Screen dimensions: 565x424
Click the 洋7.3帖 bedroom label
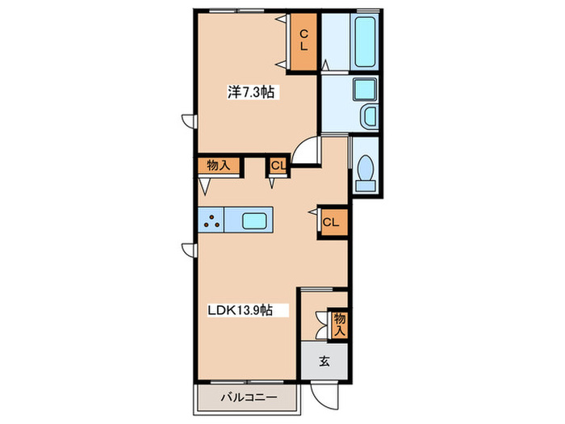coord(250,92)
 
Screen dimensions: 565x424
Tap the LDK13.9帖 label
coord(240,310)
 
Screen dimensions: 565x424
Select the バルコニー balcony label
coord(249,397)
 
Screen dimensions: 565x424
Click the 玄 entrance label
coord(324,361)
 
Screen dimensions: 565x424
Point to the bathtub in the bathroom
coord(366,42)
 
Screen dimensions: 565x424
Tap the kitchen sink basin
coord(254,220)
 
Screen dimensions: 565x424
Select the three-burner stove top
coord(211,220)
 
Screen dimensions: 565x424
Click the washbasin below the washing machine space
coord(370,115)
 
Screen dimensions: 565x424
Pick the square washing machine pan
coord(365,90)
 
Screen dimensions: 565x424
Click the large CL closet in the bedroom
coord(303,40)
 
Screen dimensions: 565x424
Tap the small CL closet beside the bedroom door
coord(278,166)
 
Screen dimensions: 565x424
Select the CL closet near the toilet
coord(333,222)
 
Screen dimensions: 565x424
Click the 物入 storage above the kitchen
coord(219,166)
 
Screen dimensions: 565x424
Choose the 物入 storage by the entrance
coord(340,324)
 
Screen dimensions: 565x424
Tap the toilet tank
coord(366,185)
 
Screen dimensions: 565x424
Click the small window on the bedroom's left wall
coord(189,121)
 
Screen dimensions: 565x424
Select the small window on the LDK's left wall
coord(189,250)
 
